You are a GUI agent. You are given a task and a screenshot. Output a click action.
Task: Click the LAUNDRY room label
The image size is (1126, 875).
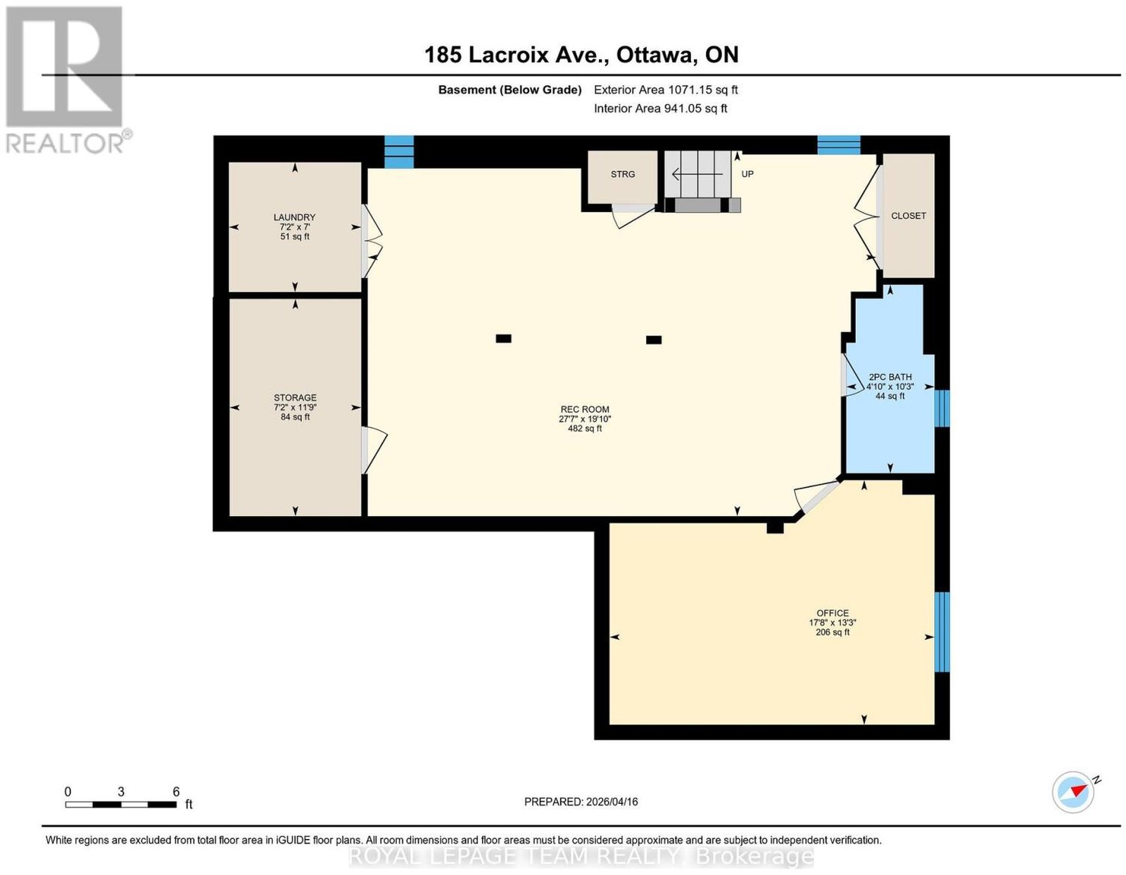294,217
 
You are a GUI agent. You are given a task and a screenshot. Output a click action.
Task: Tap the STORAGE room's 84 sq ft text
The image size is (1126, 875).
295,417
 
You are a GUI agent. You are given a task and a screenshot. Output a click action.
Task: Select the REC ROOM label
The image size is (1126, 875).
585,409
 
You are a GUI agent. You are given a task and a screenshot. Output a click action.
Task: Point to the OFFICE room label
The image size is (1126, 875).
833,613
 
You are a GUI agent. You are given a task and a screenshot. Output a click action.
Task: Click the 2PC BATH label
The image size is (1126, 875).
890,377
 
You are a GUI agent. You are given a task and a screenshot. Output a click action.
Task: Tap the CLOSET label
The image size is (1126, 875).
909,215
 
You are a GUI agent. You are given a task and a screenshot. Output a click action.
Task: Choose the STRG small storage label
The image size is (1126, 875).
622,174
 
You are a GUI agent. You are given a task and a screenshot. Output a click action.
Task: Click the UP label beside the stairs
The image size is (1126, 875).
747,174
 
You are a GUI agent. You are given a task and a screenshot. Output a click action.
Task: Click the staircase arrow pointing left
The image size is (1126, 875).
697,174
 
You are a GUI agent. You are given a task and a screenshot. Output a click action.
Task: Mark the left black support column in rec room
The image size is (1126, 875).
503,339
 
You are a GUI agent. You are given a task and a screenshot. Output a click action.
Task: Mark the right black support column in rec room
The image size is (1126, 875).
653,340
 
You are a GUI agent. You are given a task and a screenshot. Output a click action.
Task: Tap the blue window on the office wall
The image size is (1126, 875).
942,631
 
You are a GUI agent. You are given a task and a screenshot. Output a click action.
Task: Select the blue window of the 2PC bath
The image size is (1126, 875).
942,408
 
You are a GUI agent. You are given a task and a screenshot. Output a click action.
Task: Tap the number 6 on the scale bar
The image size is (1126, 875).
176,792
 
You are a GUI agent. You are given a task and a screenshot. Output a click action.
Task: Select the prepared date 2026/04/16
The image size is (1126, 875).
612,801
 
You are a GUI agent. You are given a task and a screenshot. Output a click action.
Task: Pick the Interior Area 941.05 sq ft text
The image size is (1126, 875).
660,108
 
